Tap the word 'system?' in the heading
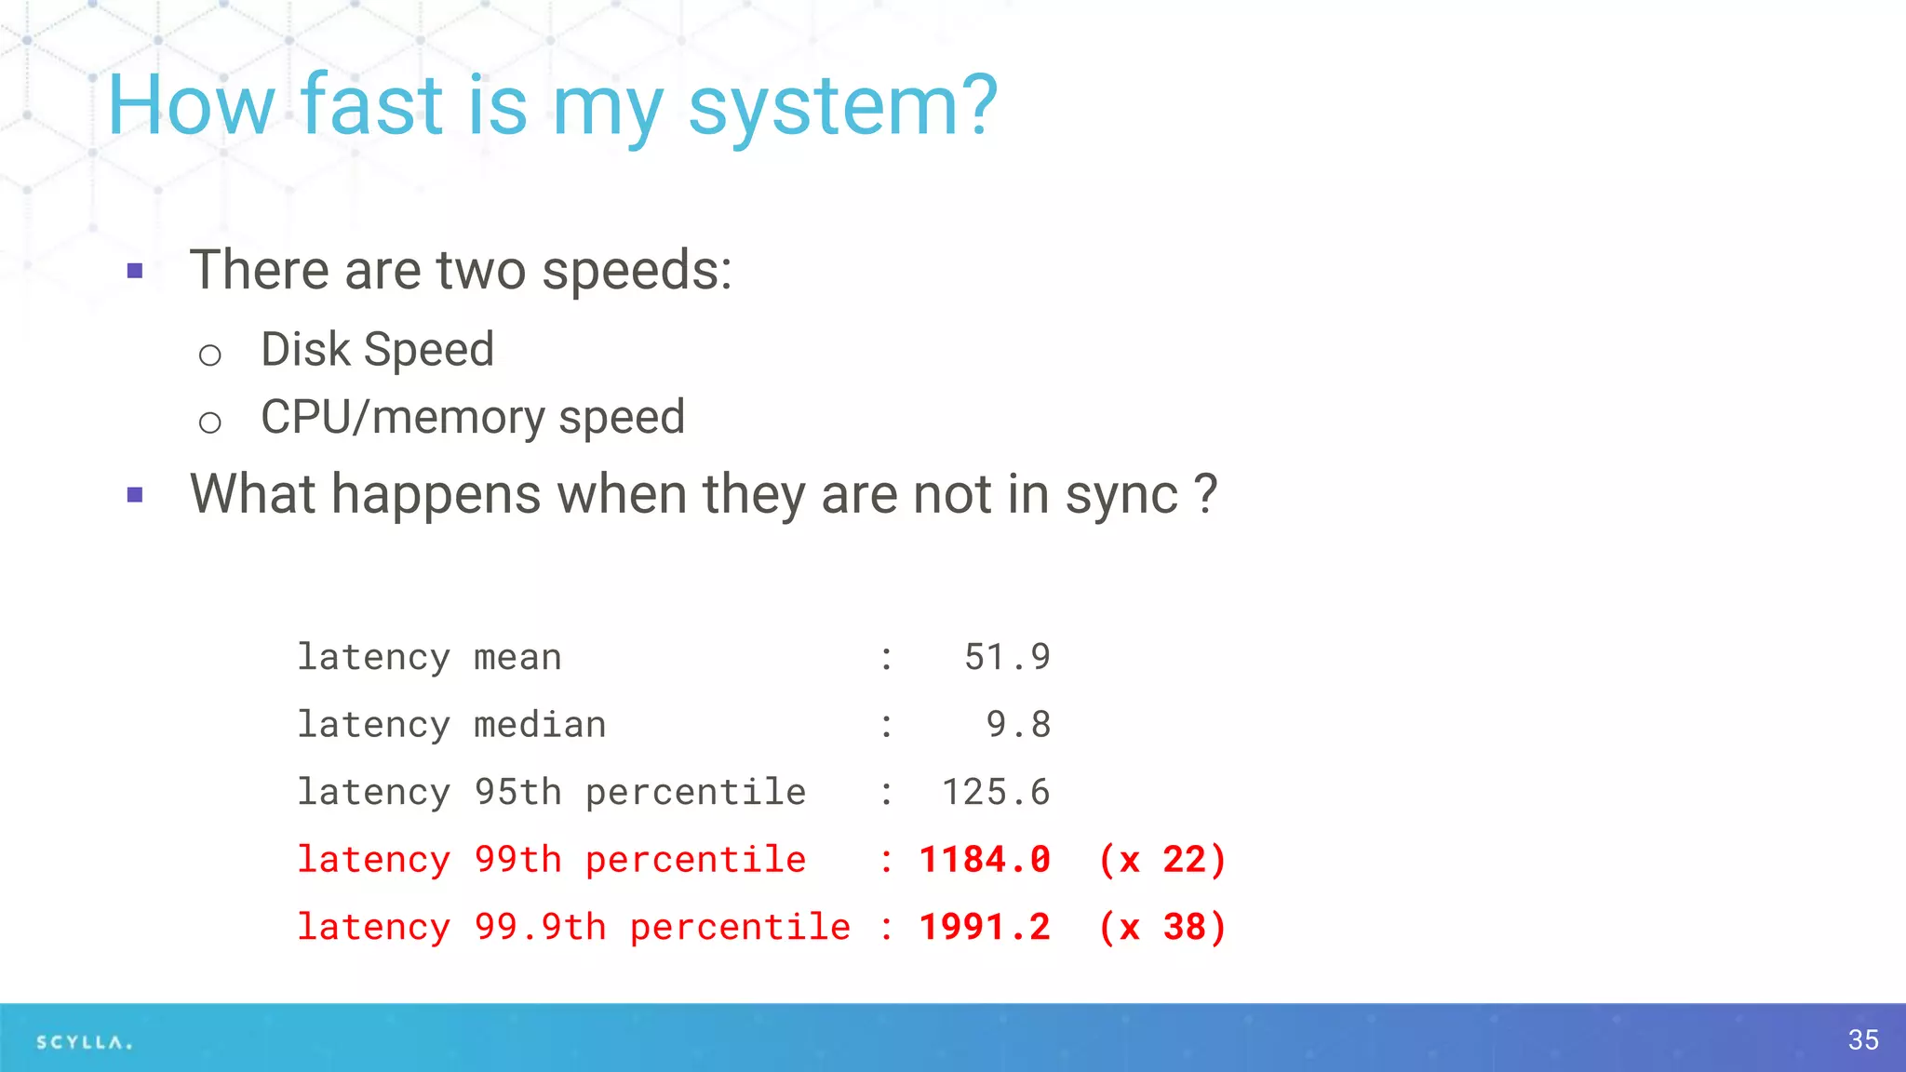pos(842,108)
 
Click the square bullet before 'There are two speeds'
pos(135,272)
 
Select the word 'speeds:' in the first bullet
pos(637,272)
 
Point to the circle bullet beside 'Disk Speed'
pos(210,355)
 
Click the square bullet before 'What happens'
pos(135,495)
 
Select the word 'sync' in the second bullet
pos(1121,495)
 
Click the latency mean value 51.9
pos(1007,657)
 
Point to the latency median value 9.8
pos(1018,724)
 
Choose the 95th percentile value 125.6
pos(996,792)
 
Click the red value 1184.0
pos(985,860)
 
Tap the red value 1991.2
pos(985,927)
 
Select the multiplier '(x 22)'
pos(1162,860)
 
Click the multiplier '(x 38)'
pos(1162,927)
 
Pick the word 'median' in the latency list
pos(540,724)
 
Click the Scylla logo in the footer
pos(84,1042)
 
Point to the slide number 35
pos(1863,1039)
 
